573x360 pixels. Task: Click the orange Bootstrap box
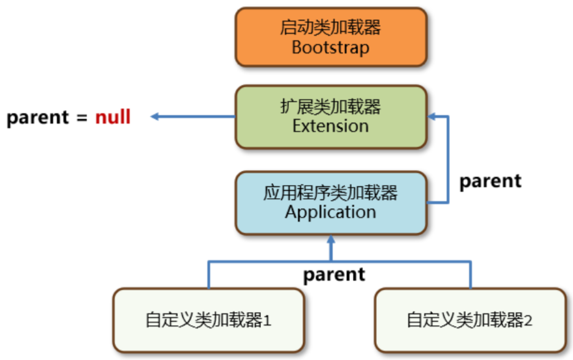[331, 37]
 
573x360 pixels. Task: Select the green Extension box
[331, 116]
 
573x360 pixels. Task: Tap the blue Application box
[331, 202]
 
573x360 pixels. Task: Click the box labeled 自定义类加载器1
[209, 320]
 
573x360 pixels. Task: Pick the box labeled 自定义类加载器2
[470, 320]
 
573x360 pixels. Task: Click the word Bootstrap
[331, 47]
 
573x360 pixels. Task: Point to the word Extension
[331, 126]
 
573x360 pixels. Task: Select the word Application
[331, 212]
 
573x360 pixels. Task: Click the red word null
[113, 117]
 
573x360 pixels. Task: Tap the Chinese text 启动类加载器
[331, 27]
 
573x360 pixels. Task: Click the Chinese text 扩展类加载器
[331, 107]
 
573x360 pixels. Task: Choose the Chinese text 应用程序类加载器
[331, 192]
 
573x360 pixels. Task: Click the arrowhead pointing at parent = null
[156, 116]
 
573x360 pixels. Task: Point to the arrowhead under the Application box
[331, 240]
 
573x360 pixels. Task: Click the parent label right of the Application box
[490, 181]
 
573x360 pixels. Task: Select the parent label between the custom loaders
[334, 275]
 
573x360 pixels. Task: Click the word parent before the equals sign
[37, 118]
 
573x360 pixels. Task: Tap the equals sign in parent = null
[82, 118]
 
